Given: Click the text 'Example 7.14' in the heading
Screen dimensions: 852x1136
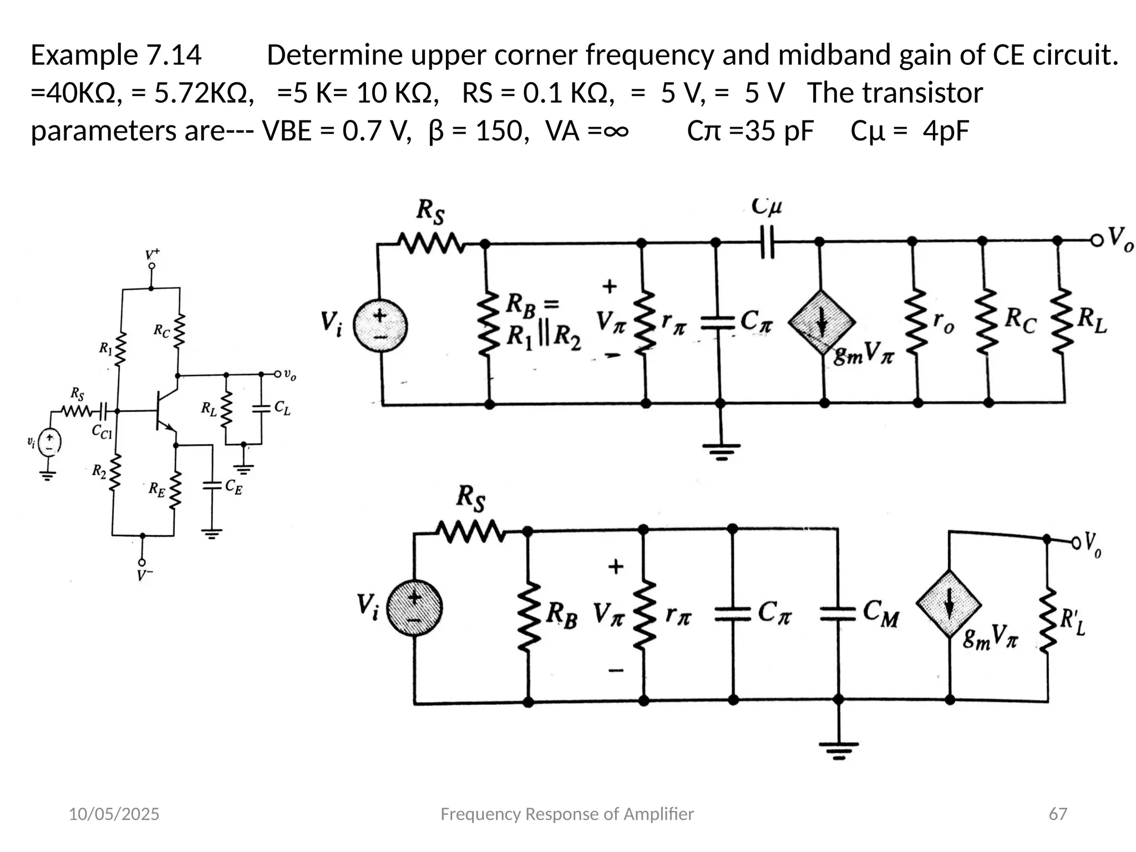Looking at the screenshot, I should click(x=116, y=55).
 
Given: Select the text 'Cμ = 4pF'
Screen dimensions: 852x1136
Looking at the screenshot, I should click(x=909, y=131).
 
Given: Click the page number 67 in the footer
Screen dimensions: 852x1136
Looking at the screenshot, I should click(x=1058, y=814).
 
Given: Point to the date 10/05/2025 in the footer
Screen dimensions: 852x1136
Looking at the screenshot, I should click(x=114, y=814).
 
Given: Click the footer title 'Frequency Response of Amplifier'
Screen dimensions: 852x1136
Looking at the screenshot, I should click(x=566, y=814).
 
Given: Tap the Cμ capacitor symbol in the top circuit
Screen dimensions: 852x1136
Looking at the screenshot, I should click(x=767, y=242).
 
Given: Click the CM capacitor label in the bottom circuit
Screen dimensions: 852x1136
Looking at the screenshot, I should click(x=881, y=613).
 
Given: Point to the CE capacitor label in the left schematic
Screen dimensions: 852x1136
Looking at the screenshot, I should click(x=233, y=487).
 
